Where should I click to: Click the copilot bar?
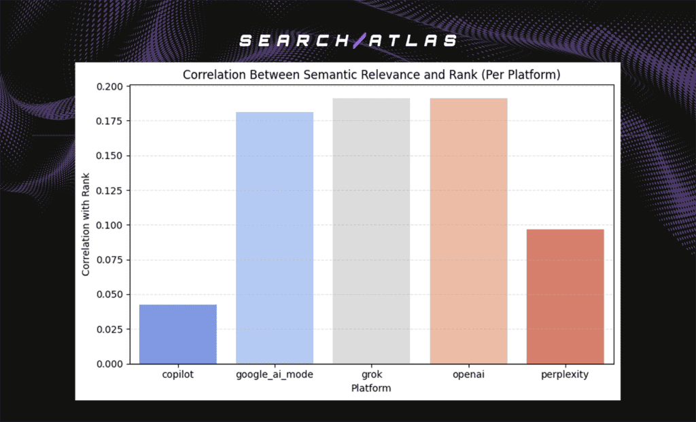coord(178,334)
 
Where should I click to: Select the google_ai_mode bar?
coord(275,238)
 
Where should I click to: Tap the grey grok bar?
coord(371,231)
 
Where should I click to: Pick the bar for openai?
coord(468,231)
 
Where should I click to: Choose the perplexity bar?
coord(565,296)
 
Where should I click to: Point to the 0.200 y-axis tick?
coord(111,87)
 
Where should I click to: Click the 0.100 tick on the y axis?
coord(111,226)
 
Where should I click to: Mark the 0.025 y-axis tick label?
coord(111,330)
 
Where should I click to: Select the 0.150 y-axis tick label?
coord(111,156)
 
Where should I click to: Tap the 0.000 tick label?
coord(111,364)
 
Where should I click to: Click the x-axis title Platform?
coord(371,388)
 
